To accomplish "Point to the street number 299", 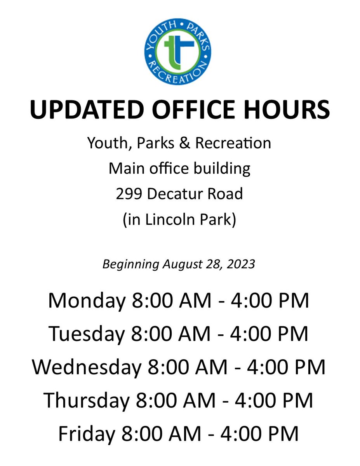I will click(129, 193).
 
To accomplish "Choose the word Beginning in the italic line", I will click(130, 264).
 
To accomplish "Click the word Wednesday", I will click(86, 367).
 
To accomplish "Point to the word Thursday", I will click(85, 400).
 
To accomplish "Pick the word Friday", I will click(85, 433).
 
